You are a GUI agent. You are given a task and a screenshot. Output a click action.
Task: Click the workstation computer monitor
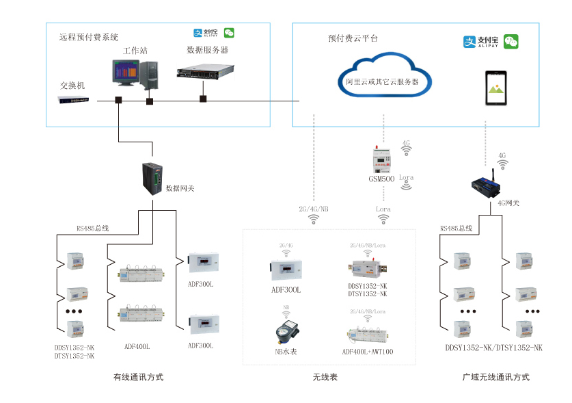tap(126, 73)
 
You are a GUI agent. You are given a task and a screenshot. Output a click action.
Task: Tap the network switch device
tap(73, 101)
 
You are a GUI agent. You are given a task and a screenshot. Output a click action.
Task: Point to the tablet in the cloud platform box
tap(498, 88)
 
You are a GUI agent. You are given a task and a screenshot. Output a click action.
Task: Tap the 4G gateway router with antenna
tap(487, 185)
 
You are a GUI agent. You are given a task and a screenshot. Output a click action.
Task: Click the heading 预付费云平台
tap(353, 39)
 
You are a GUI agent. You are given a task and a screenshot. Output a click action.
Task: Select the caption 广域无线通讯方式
tap(495, 377)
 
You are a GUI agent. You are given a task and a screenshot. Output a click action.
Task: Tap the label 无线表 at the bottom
tap(325, 377)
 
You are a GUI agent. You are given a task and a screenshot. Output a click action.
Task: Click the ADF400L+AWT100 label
tap(368, 352)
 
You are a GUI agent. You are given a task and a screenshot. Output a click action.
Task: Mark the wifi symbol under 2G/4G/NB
tap(314, 220)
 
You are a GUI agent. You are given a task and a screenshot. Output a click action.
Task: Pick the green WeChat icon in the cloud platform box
tap(511, 42)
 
